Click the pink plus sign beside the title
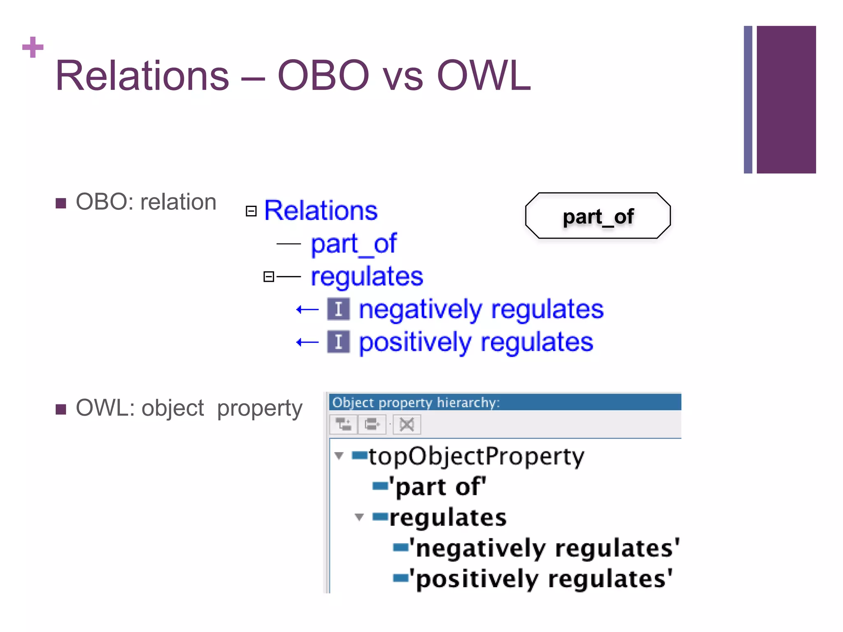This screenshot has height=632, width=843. point(33,47)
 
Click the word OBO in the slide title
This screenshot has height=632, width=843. point(323,76)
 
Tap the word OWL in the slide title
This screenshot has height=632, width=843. point(483,76)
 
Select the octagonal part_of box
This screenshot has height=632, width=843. point(597,216)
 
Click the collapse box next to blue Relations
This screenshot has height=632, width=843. point(251,211)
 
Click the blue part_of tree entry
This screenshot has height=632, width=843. point(353,244)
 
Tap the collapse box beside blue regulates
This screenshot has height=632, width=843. point(268,276)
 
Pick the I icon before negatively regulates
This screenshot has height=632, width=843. point(338,309)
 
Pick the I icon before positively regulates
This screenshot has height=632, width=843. point(338,342)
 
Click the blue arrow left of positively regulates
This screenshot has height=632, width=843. point(307,342)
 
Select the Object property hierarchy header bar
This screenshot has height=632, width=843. point(504,402)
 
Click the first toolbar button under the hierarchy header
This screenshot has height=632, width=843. point(343,424)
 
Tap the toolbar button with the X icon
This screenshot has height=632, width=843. point(407,424)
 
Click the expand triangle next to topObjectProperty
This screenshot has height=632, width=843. point(339,455)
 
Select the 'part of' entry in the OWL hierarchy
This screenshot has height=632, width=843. point(438,487)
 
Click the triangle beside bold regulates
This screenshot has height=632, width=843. point(359,517)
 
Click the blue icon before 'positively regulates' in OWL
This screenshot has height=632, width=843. point(400,579)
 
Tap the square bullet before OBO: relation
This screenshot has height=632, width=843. point(61,203)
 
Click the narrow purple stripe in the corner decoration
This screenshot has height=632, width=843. point(748,100)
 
